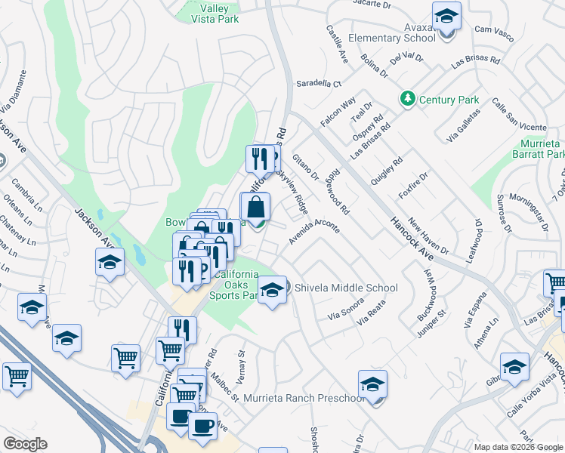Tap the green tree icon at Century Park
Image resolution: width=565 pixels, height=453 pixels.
(408, 99)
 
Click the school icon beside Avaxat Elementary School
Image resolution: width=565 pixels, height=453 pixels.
(446, 17)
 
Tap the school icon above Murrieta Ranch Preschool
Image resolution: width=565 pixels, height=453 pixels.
(372, 385)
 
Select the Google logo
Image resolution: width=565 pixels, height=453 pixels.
(24, 444)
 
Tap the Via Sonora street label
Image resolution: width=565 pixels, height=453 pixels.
(345, 309)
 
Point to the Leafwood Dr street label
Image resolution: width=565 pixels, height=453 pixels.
(477, 238)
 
